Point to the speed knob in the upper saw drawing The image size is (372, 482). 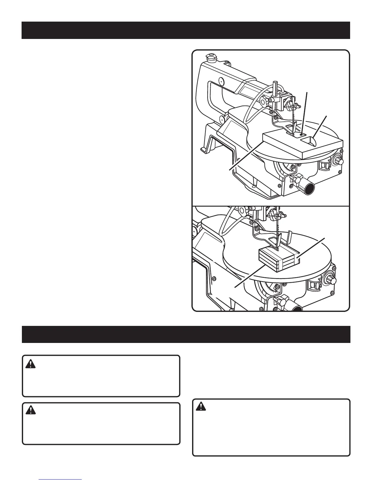pyautogui.click(x=340, y=161)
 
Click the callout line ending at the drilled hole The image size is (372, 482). pyautogui.click(x=305, y=110)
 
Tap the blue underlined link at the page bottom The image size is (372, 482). pyautogui.click(x=60, y=479)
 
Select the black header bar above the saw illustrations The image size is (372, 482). pyautogui.click(x=186, y=30)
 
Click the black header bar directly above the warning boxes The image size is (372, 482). pyautogui.click(x=186, y=334)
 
